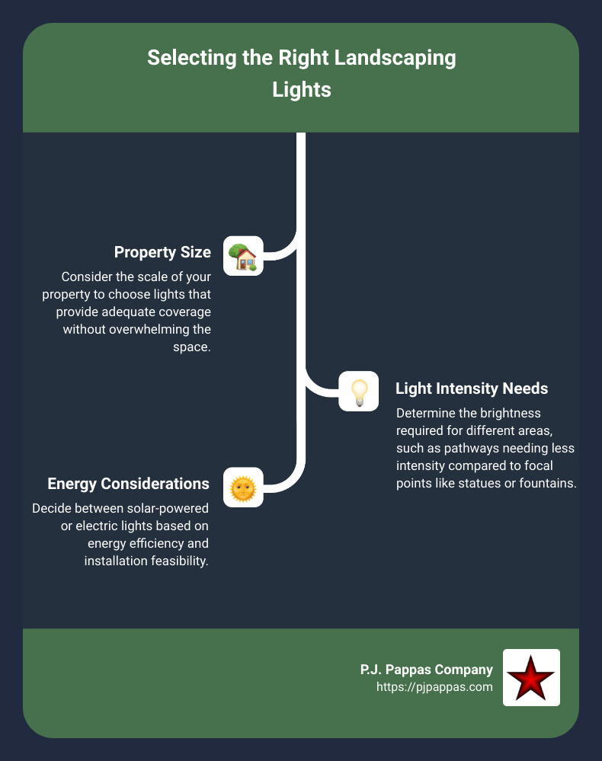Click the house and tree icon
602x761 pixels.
243,256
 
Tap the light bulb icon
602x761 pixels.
358,392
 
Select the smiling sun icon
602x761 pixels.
243,488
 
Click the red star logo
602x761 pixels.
531,677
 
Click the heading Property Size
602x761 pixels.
162,252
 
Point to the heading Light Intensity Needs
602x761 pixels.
472,388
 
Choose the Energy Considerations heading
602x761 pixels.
128,484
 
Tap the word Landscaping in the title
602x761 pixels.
389,59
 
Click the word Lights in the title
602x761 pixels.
302,89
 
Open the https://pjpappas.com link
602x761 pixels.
434,686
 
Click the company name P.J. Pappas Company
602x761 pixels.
426,670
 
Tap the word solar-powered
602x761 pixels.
170,509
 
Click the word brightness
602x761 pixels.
514,413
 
